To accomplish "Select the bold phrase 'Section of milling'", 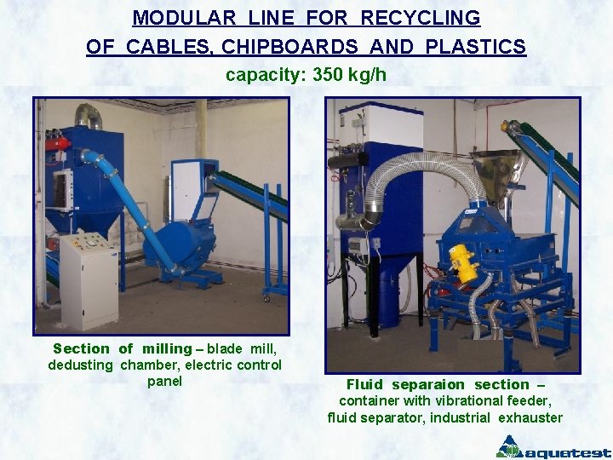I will point(122,348).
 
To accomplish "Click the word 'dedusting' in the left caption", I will point(81,365).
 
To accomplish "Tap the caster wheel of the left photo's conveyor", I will point(267,298).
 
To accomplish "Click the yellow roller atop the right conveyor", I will point(513,126).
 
